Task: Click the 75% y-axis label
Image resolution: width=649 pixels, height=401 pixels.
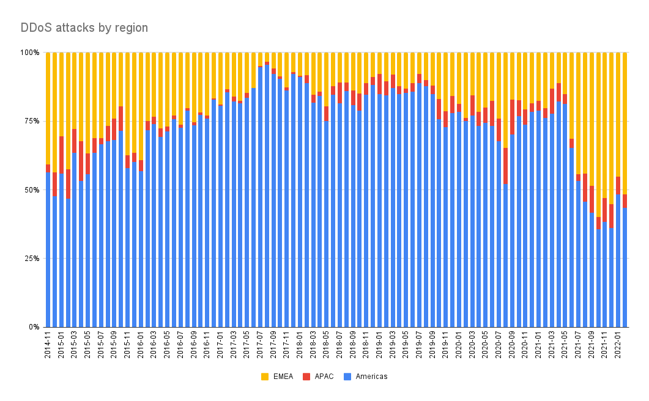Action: pos(32,121)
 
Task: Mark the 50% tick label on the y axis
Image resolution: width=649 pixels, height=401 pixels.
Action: pos(32,189)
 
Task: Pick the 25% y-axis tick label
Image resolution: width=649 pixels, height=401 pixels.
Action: pos(32,258)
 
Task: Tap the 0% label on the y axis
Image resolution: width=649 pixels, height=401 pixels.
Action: pos(34,327)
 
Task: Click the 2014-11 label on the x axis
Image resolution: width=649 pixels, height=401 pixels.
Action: pos(48,346)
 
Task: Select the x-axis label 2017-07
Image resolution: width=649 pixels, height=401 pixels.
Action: pos(261,346)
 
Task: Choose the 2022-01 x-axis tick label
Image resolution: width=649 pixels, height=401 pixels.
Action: pos(618,346)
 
